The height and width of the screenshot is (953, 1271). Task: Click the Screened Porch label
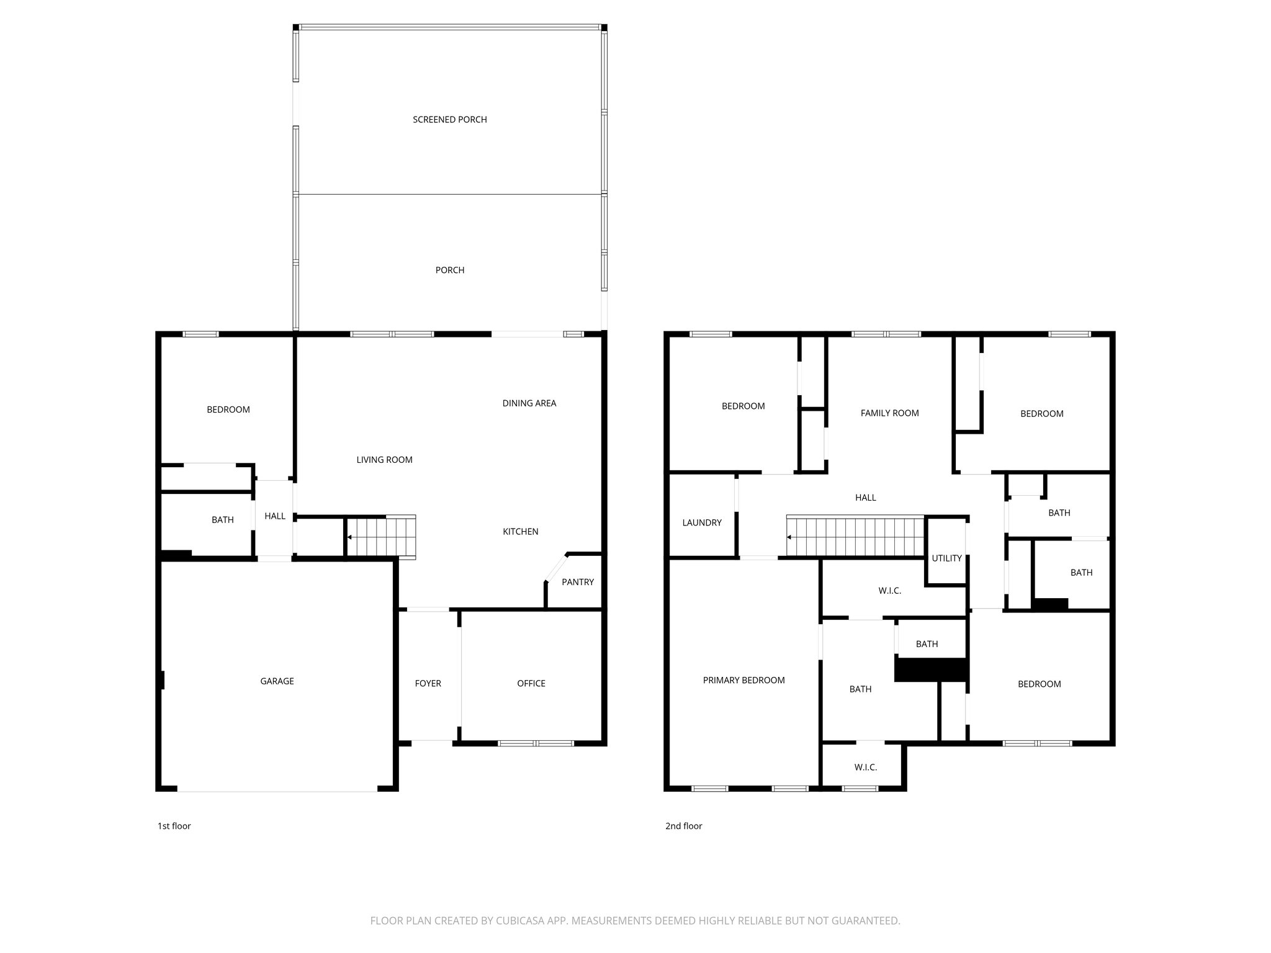450,120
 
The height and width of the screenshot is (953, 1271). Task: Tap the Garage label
277,681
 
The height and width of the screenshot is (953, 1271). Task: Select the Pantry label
578,582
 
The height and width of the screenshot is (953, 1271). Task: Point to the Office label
531,684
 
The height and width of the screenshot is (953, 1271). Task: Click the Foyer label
428,684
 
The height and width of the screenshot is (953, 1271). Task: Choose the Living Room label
384,460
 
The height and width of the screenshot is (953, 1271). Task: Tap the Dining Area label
529,403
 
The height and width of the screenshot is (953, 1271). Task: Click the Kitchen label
520,532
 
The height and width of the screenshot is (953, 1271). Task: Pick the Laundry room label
702,523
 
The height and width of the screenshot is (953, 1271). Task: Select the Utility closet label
946,558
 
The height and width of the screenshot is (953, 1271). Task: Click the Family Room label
889,413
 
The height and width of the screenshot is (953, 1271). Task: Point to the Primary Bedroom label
743,681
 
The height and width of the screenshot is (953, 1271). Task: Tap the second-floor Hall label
866,498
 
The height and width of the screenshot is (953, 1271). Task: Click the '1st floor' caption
174,826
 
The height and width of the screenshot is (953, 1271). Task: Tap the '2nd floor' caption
683,826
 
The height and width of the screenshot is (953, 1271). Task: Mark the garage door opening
277,790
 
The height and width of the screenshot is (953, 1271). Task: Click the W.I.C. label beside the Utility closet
889,591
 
